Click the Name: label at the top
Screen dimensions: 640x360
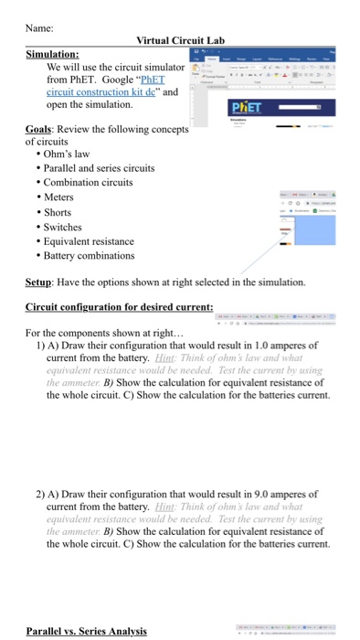(40, 28)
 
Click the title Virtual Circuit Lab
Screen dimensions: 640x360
(180, 41)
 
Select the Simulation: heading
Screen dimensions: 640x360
(52, 54)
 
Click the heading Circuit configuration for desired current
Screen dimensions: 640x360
(120, 306)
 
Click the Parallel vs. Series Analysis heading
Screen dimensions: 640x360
(86, 631)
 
